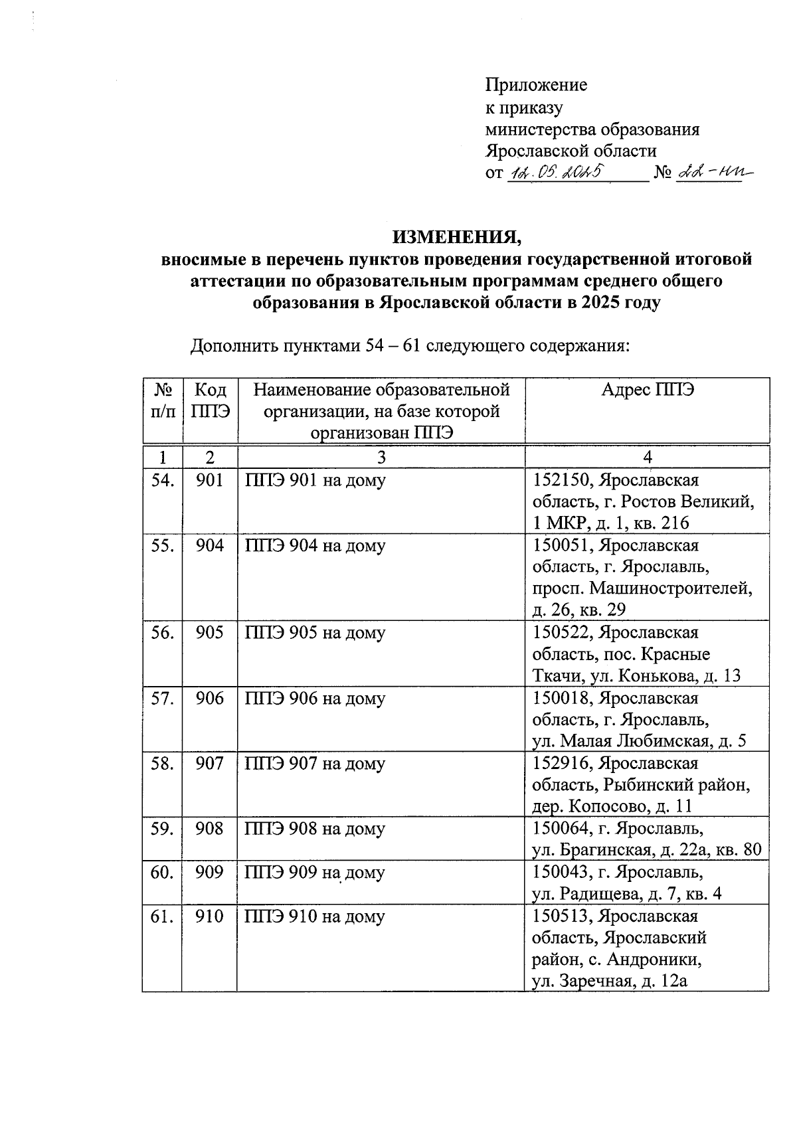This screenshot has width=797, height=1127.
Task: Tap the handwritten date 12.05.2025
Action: pos(555,173)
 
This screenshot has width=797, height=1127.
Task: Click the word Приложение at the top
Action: pos(536,85)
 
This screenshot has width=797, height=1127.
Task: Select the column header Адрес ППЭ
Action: pos(647,390)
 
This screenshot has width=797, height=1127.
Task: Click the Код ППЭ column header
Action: pos(210,400)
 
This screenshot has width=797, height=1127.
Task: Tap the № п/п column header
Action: pos(163,400)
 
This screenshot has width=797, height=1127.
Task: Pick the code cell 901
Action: pos(210,480)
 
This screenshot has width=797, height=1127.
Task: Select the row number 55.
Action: pos(163,546)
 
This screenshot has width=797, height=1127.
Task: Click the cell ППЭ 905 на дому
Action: pos(315,633)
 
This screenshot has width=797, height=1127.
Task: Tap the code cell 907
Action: pos(210,764)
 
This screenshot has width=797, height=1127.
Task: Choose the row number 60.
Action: pos(163,872)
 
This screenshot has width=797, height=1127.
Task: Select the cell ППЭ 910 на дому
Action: pos(315,916)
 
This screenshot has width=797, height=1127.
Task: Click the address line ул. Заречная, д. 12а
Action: pos(609,980)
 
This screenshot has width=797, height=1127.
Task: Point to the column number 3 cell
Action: pos(381,457)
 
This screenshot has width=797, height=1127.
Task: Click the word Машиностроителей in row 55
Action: pos(671,588)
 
